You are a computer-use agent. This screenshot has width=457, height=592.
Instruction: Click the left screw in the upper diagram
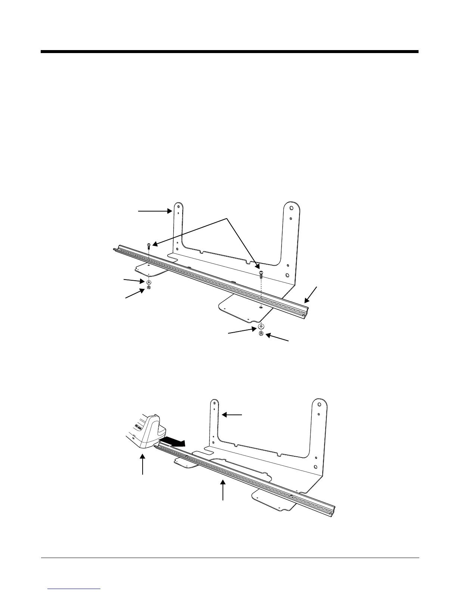pos(149,245)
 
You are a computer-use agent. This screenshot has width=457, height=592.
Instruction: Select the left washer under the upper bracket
pos(149,282)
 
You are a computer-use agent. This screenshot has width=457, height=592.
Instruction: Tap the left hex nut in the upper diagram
pos(149,288)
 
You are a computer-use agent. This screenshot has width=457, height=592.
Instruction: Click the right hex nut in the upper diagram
pos(261,333)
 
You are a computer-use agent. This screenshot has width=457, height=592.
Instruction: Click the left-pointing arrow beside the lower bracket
pos(232,414)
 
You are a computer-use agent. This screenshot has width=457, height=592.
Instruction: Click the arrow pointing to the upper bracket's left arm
pos(155,211)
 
